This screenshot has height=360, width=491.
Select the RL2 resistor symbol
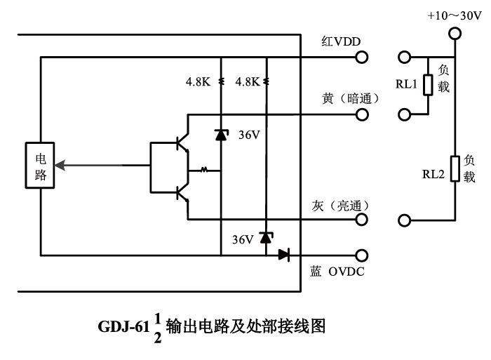455,169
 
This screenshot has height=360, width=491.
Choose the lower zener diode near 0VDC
266,238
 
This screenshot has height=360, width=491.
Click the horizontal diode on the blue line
283,255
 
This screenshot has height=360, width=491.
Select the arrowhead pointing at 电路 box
61,166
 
